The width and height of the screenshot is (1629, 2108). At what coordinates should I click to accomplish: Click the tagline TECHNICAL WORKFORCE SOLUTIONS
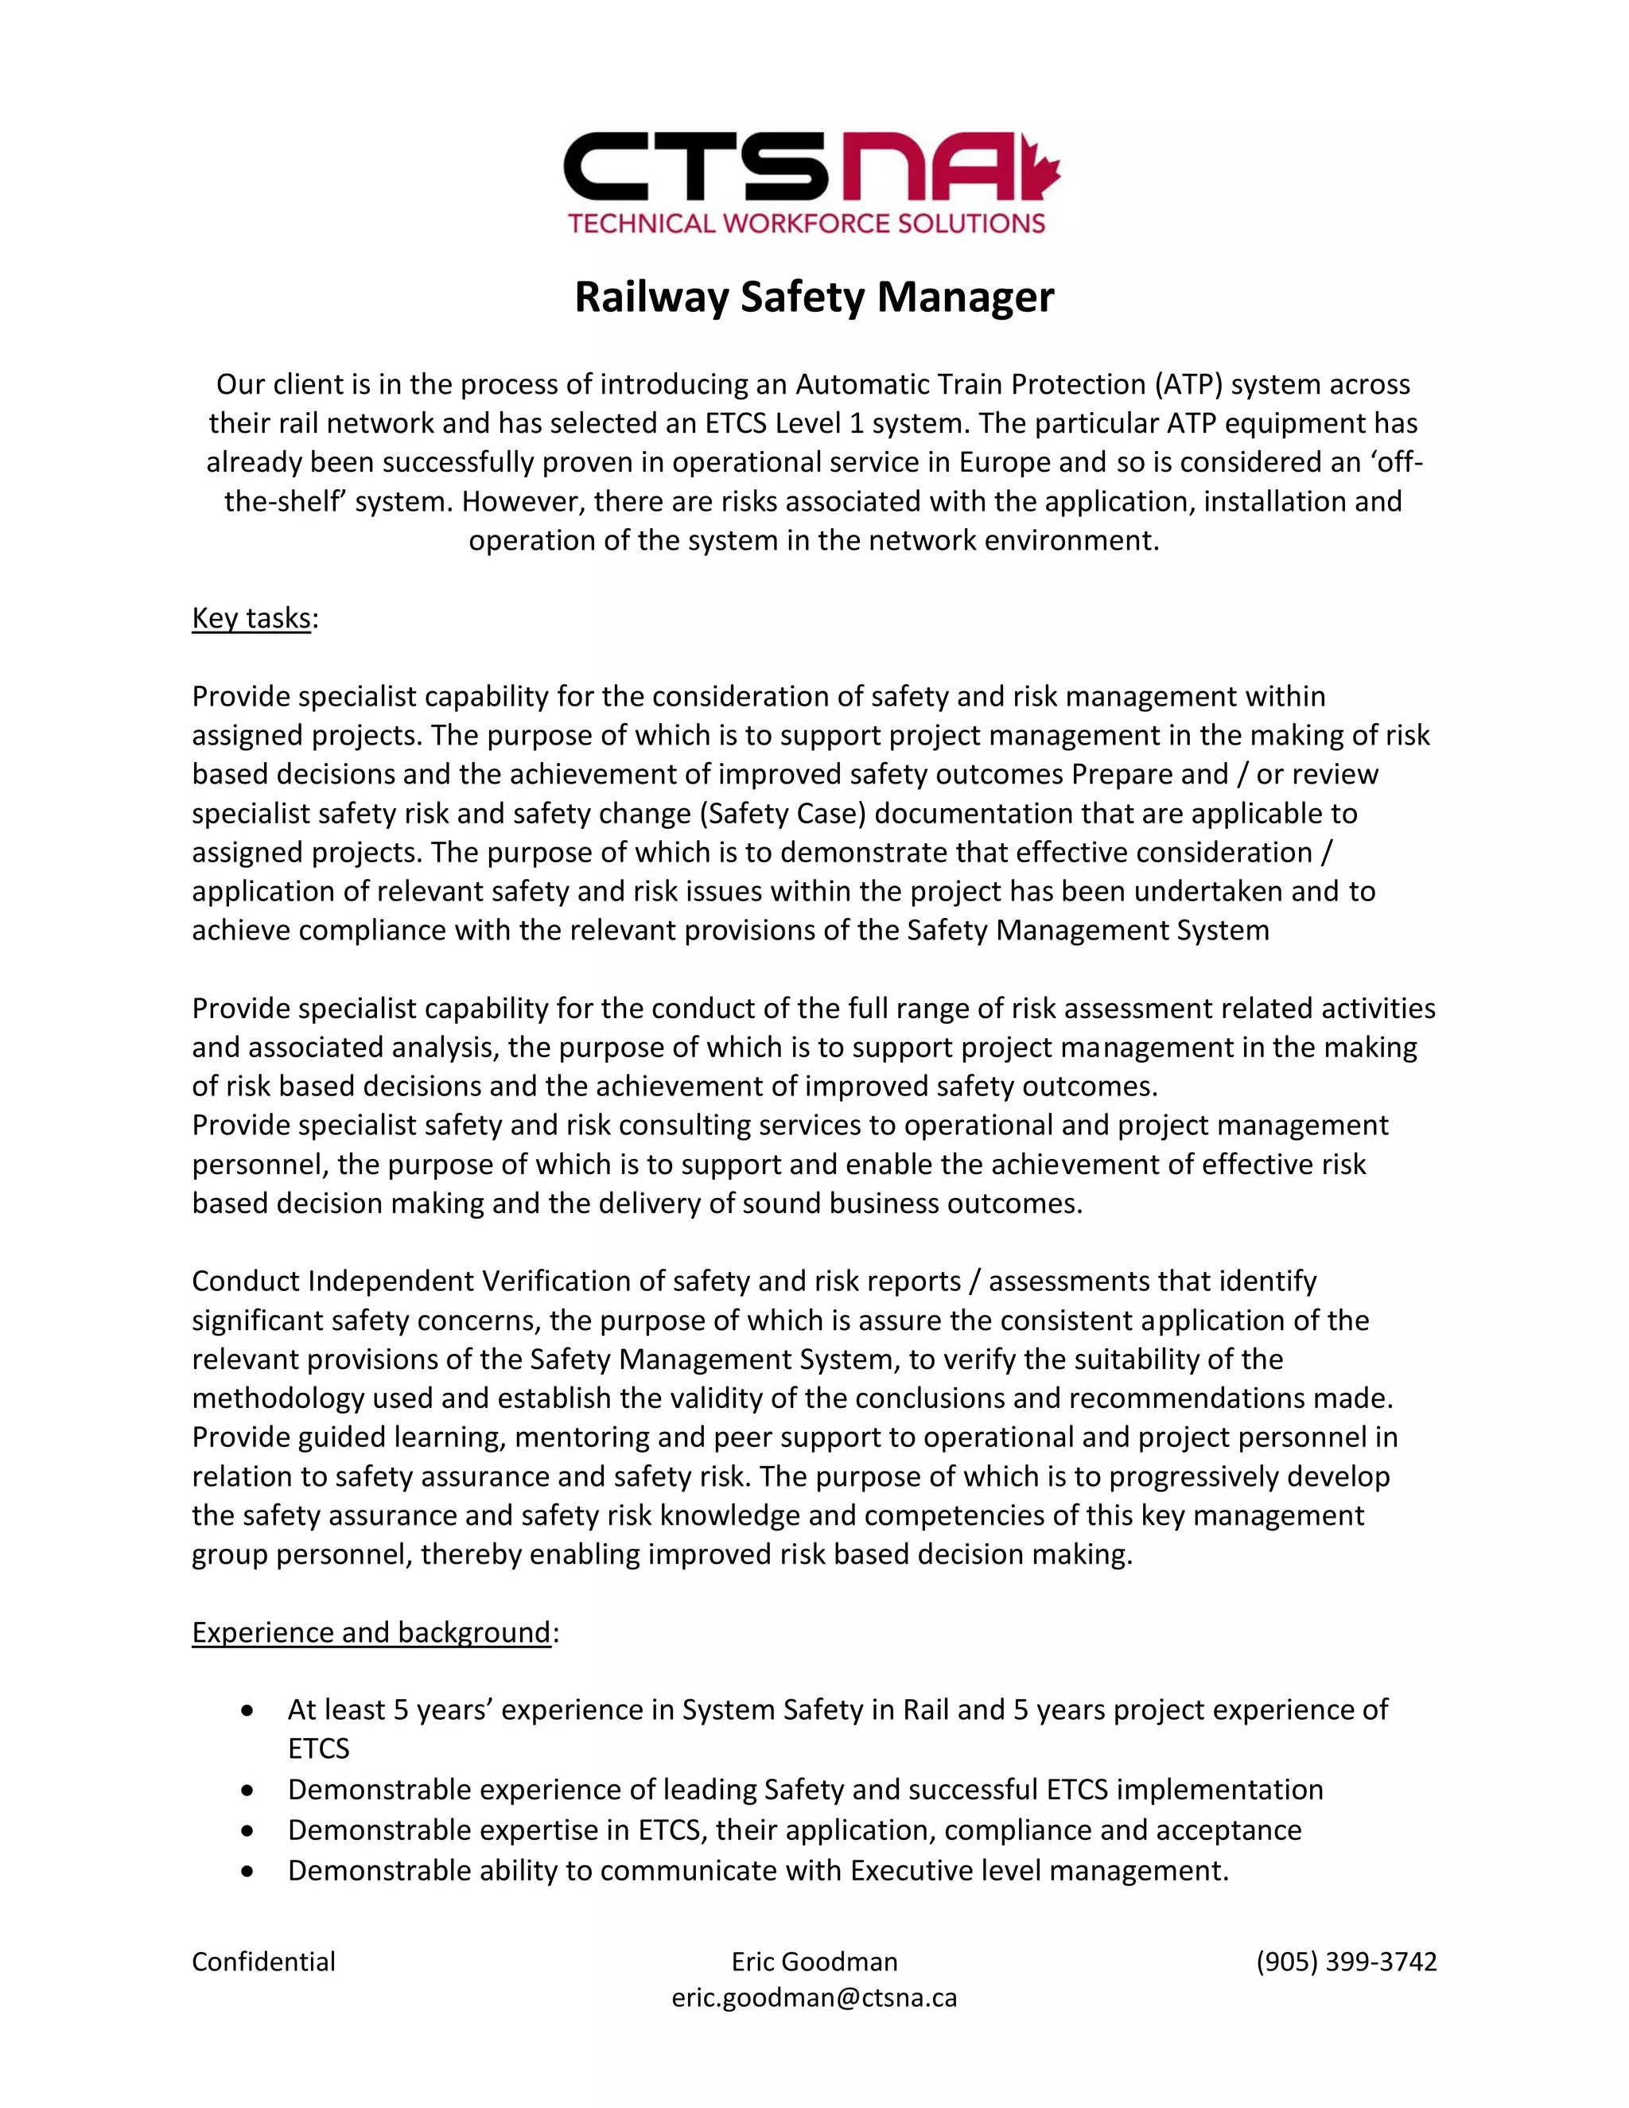tap(807, 224)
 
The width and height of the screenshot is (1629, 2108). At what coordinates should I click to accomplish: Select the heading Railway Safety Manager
tap(814, 297)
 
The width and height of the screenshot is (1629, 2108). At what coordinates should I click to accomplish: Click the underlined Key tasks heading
tap(251, 618)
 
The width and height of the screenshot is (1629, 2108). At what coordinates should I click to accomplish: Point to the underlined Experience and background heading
tap(371, 1632)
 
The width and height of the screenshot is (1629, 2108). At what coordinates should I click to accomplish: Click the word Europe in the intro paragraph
tap(1005, 462)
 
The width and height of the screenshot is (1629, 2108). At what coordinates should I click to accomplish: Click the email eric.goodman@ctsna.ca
tap(814, 1998)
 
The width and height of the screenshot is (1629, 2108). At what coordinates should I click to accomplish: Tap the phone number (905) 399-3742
tap(1347, 1962)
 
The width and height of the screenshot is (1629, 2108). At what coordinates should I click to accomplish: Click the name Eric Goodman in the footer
tap(814, 1962)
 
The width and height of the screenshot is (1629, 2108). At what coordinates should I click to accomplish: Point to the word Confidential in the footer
tap(263, 1962)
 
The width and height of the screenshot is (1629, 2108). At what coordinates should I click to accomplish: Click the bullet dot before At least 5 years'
tap(249, 1710)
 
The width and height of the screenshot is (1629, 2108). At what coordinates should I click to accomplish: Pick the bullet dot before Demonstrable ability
tap(249, 1872)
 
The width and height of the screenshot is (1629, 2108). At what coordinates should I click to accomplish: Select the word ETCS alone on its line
tap(318, 1749)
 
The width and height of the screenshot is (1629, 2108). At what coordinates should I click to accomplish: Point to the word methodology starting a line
tap(278, 1398)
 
